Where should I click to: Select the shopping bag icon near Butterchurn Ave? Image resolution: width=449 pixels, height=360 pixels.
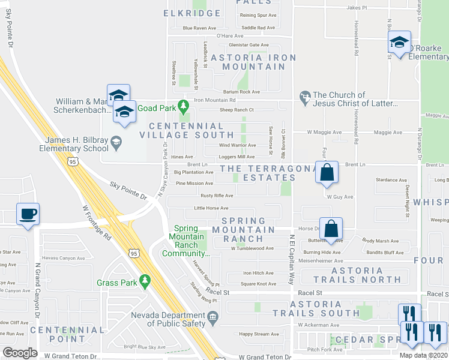331,229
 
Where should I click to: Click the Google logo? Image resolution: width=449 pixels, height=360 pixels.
20,353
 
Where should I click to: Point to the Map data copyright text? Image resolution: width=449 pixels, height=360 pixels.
424,355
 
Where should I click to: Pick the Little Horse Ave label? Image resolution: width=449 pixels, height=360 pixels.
211,208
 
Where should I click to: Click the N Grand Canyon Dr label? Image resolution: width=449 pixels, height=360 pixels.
37,282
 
